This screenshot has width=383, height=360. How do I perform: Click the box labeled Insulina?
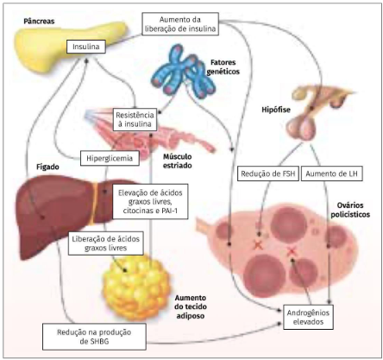86,47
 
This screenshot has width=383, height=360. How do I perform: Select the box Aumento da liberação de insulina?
180,24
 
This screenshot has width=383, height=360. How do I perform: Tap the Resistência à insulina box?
135,119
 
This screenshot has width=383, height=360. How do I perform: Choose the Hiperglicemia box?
110,158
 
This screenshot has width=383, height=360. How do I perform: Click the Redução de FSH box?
268,174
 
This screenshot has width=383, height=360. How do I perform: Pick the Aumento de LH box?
331,174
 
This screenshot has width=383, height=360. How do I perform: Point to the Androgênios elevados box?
308,317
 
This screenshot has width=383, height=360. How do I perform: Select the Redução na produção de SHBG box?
94,337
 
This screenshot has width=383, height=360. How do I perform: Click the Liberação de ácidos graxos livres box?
106,243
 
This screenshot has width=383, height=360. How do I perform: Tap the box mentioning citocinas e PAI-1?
150,201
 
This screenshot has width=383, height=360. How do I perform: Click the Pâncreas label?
39,22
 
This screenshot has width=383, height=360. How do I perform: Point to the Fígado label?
47,167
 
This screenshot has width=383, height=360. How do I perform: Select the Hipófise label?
276,110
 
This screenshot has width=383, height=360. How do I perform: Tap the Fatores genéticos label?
223,66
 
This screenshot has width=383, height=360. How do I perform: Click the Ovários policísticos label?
350,210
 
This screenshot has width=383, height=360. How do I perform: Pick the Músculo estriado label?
178,161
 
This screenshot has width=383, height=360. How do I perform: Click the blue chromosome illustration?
184,71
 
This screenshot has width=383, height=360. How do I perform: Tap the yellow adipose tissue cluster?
136,287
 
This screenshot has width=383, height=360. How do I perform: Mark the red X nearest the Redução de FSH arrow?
258,245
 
